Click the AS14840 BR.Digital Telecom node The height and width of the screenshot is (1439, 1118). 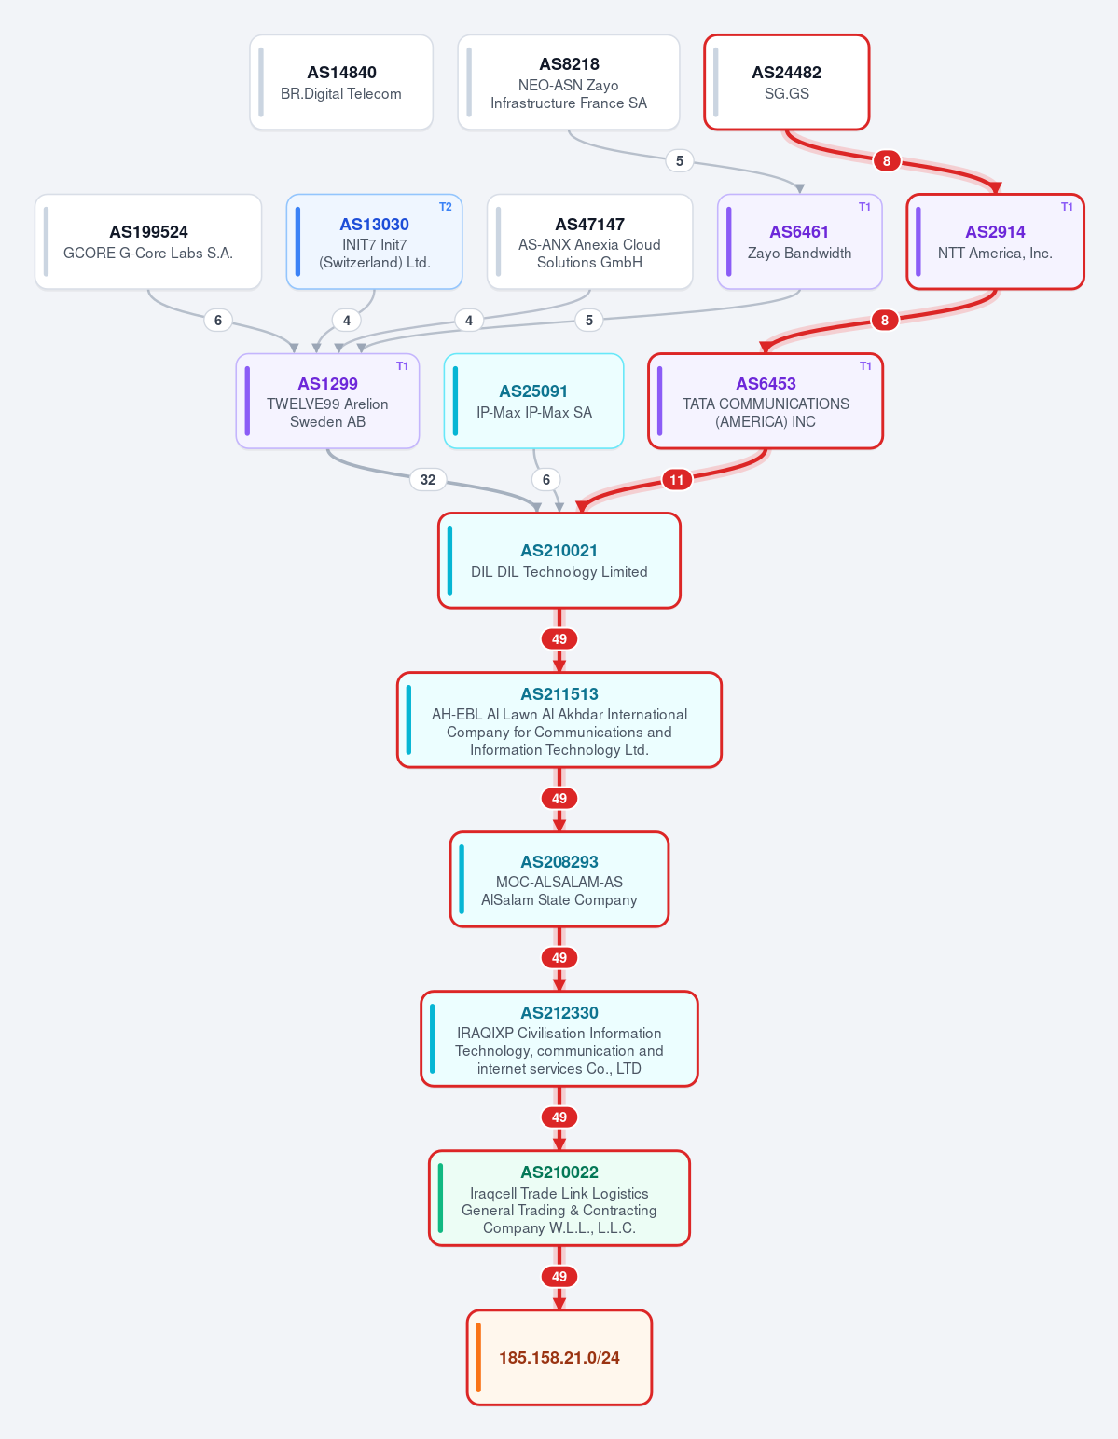click(341, 82)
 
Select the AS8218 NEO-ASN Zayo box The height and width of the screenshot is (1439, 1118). click(568, 82)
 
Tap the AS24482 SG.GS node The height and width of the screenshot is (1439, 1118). click(787, 82)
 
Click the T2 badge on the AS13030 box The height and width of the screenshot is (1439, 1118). click(445, 207)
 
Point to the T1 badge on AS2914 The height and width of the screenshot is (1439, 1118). click(1067, 207)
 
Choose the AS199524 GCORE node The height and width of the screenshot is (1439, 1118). click(148, 241)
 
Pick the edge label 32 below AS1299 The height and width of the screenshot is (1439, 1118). click(428, 479)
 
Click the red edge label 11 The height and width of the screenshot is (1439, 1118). click(676, 479)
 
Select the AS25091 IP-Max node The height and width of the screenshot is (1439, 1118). click(534, 401)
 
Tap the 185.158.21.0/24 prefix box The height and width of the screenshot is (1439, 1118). click(559, 1357)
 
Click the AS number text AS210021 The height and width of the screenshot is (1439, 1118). click(559, 550)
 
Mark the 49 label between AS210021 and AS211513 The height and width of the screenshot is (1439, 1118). click(559, 639)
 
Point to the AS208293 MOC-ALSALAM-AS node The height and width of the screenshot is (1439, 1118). click(559, 880)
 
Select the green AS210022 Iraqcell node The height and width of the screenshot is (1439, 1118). click(559, 1198)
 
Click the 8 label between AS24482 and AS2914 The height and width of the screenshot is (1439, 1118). click(886, 161)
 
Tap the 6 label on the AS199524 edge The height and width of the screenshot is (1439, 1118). click(218, 321)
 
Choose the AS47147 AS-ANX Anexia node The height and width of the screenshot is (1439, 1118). click(589, 241)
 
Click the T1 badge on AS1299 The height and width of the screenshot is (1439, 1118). click(402, 366)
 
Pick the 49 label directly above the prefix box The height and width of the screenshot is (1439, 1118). click(559, 1276)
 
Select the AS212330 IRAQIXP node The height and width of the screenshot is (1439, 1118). click(559, 1038)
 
